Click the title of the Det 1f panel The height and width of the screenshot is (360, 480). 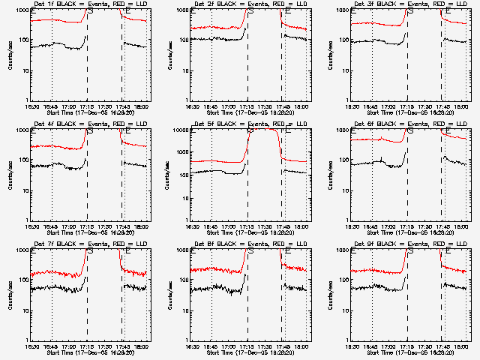point(91,5)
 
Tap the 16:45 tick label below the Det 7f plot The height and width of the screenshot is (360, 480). point(50,346)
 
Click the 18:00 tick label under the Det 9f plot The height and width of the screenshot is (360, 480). point(463,346)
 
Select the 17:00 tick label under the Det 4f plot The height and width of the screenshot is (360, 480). point(70,226)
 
